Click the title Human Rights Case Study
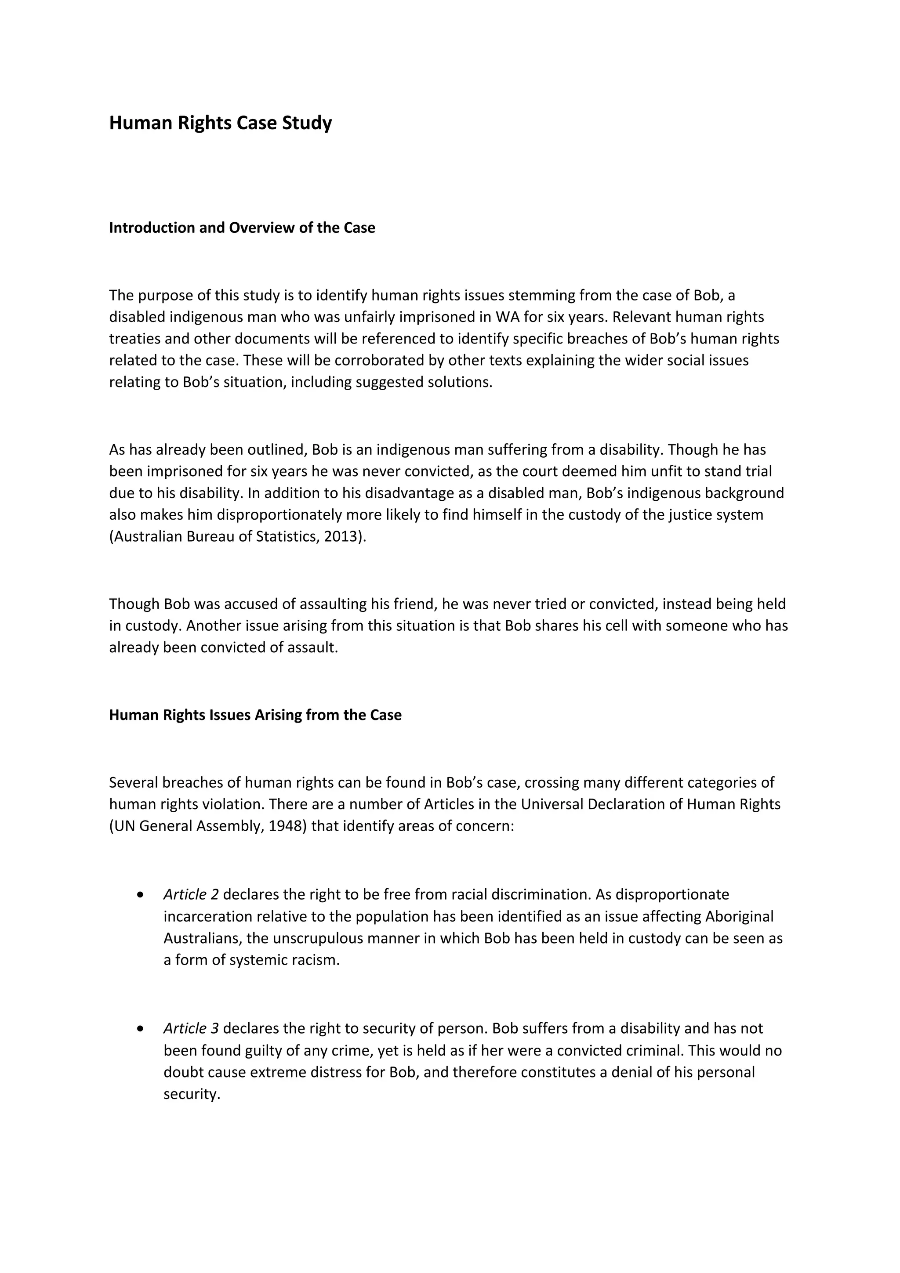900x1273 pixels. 220,123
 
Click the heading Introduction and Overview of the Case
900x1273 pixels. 242,228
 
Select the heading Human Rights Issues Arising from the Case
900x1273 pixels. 255,715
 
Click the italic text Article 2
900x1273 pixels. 191,894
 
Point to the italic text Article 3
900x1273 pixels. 191,1028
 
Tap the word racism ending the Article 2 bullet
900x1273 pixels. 318,960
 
